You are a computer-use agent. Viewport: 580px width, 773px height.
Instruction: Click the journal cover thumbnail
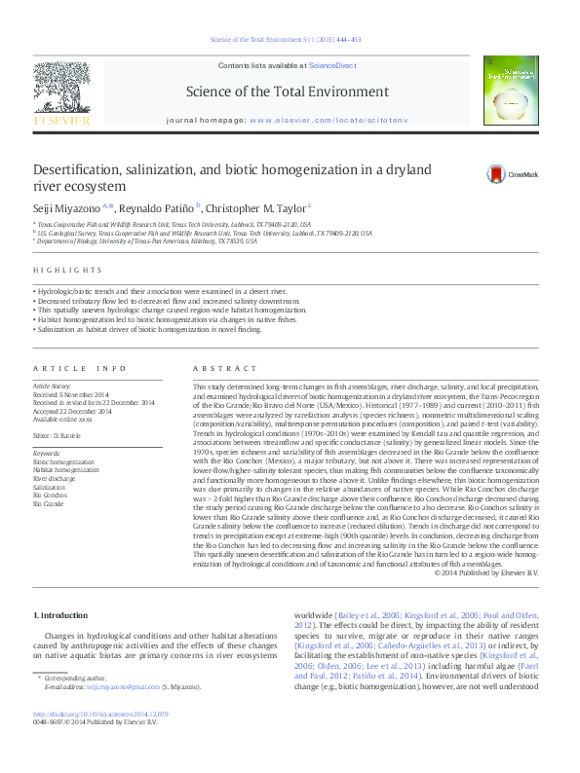pos(515,90)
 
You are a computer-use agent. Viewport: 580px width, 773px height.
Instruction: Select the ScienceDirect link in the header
pos(332,64)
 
